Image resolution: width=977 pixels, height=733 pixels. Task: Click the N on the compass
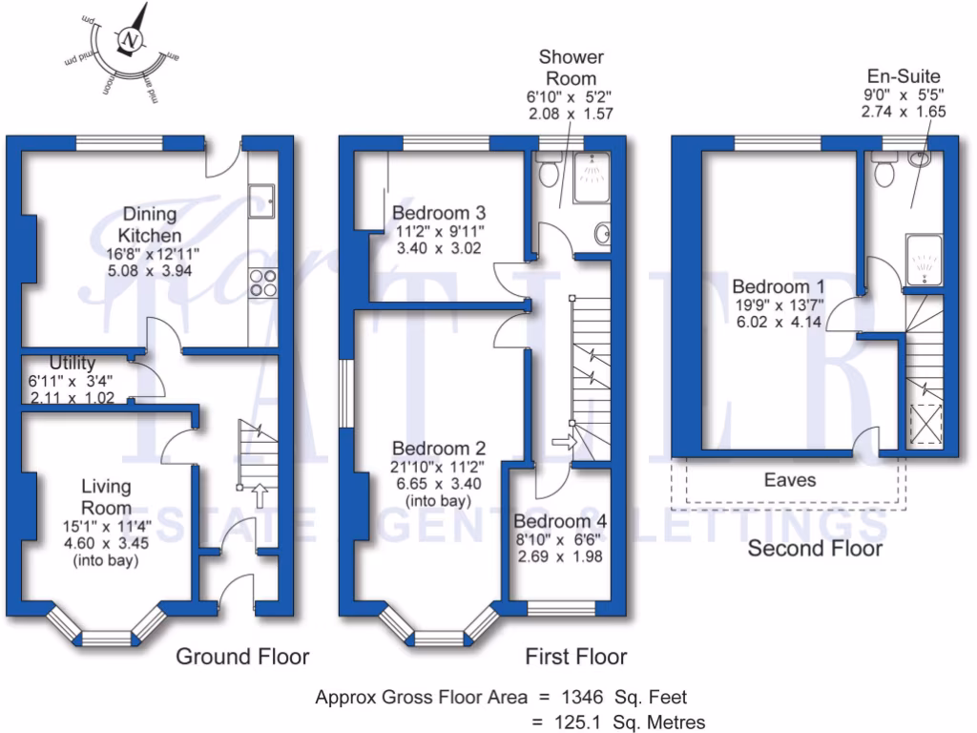click(130, 40)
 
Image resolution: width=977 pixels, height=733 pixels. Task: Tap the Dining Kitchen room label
click(150, 224)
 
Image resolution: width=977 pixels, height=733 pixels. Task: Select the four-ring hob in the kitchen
click(263, 283)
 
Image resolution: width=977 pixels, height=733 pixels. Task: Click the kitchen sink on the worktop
click(261, 200)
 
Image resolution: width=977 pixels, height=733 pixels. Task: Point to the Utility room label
click(73, 362)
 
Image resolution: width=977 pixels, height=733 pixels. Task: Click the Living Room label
click(107, 496)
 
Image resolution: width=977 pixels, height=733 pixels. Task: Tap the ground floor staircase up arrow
click(260, 496)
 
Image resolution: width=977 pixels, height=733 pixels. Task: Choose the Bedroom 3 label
click(439, 213)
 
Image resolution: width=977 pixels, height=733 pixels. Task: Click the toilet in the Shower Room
click(549, 169)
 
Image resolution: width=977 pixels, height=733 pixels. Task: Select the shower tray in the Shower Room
click(592, 177)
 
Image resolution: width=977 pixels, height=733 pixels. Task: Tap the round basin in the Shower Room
click(603, 235)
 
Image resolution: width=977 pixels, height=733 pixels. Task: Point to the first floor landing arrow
click(565, 443)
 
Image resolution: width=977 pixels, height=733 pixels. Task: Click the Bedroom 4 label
click(560, 520)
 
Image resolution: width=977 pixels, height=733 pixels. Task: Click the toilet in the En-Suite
click(884, 170)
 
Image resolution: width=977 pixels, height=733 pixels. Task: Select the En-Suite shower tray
click(924, 260)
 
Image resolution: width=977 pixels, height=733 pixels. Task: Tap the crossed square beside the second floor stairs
click(925, 425)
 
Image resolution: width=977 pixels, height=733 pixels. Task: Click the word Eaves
click(790, 480)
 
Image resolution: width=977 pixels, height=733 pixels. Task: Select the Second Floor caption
click(815, 549)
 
